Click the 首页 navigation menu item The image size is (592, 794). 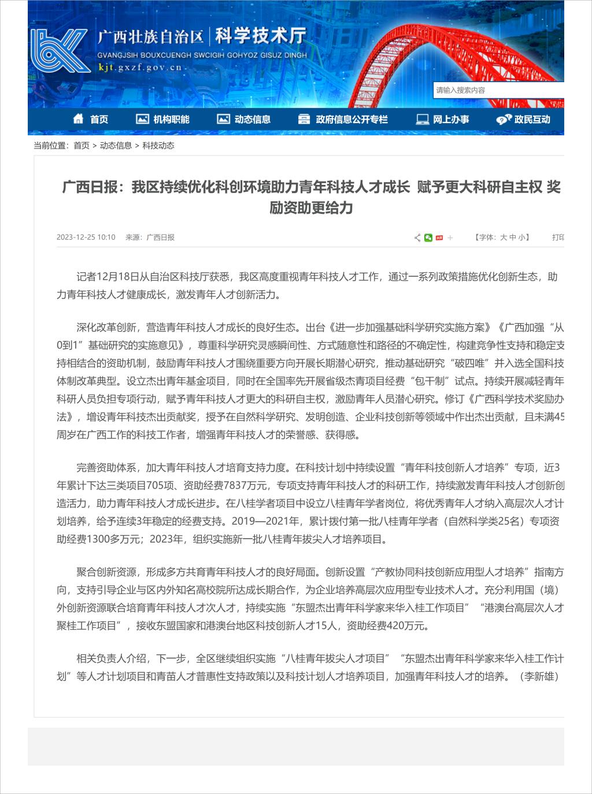[x=91, y=120]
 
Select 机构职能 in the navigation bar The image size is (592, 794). [x=163, y=120]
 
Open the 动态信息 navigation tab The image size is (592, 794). [x=244, y=120]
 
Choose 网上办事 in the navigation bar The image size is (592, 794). [x=443, y=120]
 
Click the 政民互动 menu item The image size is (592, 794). [x=524, y=120]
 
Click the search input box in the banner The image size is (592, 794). [x=497, y=90]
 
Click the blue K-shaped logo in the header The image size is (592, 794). [x=59, y=51]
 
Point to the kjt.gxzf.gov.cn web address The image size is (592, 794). [x=140, y=68]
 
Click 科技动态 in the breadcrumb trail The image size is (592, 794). [x=158, y=146]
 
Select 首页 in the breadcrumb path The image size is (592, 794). [x=82, y=146]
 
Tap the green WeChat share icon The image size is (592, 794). [x=428, y=238]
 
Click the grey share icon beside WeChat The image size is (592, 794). [x=417, y=238]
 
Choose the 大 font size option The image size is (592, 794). [x=504, y=238]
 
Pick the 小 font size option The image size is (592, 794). [x=522, y=238]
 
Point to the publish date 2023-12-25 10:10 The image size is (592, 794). [x=86, y=238]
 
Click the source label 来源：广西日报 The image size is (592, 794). [x=150, y=238]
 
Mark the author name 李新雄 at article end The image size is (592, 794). [x=539, y=676]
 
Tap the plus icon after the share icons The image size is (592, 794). [x=450, y=238]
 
